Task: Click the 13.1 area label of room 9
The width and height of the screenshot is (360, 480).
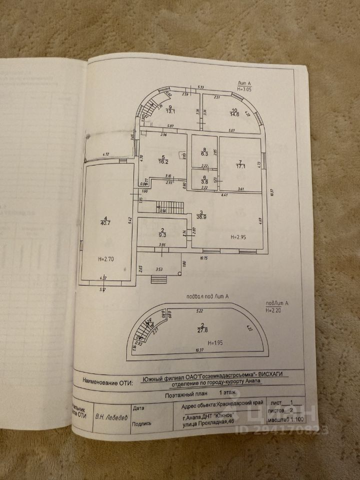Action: click(x=170, y=112)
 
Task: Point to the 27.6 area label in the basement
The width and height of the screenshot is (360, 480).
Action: click(x=202, y=331)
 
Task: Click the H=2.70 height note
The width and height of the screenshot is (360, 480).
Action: click(x=106, y=259)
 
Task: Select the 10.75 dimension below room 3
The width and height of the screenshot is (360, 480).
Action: click(x=204, y=258)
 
